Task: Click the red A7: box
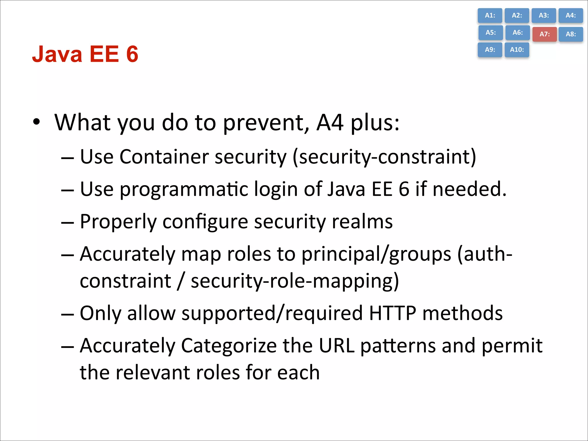[544, 34]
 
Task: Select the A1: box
[490, 16]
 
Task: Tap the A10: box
[517, 50]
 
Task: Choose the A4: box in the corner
[570, 16]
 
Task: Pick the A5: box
[490, 32]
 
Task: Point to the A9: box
[490, 50]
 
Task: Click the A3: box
[543, 16]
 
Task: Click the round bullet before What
[36, 122]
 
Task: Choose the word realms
[362, 222]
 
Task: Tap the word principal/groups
[376, 254]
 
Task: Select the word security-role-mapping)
[295, 281]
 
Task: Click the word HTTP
[392, 313]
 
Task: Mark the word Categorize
[229, 346]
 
